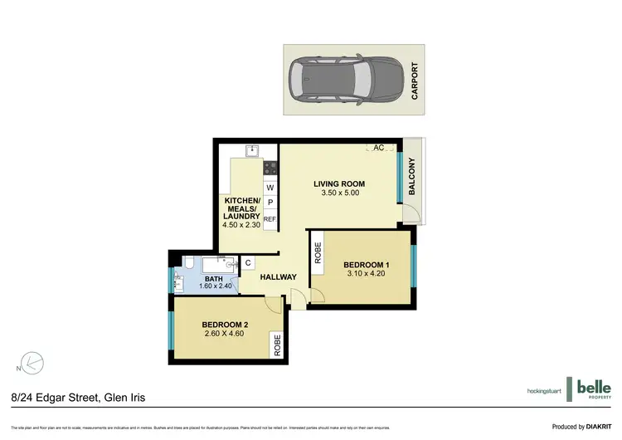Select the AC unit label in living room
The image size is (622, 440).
point(379,148)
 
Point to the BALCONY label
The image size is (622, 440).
point(412,178)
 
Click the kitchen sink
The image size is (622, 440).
point(254,150)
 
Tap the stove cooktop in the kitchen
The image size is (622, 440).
point(270,169)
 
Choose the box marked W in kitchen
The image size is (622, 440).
point(270,188)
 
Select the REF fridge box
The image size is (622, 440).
point(270,218)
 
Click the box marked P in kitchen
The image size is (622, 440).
point(270,203)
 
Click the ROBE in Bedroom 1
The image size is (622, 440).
point(318,252)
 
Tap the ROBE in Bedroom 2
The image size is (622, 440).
point(277,344)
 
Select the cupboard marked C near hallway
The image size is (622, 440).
point(248,263)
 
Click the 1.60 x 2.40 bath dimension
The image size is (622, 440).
point(215,286)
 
